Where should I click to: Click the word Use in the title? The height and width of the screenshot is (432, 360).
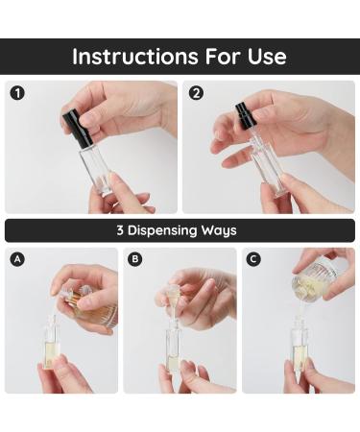[264, 57]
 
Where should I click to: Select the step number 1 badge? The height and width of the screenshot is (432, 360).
[16, 93]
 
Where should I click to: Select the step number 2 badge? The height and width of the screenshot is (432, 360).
[196, 93]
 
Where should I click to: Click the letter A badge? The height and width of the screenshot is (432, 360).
[16, 259]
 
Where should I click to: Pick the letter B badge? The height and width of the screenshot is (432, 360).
[134, 259]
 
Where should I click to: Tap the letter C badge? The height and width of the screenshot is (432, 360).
[253, 259]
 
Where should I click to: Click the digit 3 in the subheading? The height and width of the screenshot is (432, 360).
[120, 230]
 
